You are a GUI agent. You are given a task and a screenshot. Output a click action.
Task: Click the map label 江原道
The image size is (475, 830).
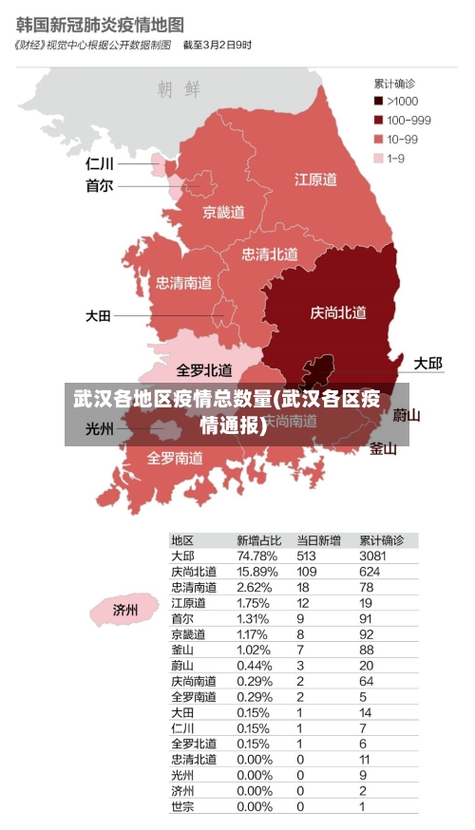[x=315, y=179]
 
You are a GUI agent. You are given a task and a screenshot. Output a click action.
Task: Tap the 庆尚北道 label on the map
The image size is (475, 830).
[x=338, y=312]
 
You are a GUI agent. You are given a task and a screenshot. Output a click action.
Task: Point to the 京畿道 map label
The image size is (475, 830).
[x=223, y=212]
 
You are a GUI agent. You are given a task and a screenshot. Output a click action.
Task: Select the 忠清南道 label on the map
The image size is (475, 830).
[x=184, y=282]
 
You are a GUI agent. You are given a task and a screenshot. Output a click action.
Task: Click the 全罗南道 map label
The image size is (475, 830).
[x=175, y=458]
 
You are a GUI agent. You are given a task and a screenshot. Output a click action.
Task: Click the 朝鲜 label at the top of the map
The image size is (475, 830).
[x=180, y=89]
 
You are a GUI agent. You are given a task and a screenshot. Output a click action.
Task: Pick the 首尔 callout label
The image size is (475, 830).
[x=99, y=186]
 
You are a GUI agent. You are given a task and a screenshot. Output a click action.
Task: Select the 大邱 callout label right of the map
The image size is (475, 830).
[x=427, y=364]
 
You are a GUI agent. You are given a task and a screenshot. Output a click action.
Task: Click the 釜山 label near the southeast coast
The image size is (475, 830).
[x=383, y=448]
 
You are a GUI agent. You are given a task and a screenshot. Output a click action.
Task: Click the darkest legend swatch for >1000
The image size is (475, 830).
[x=379, y=101]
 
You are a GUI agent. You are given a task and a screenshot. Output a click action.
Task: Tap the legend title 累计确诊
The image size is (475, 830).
[x=393, y=83]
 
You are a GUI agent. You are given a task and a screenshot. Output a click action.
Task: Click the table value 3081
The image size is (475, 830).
[x=373, y=556]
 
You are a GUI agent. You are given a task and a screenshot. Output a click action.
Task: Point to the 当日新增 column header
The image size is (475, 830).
[x=318, y=539]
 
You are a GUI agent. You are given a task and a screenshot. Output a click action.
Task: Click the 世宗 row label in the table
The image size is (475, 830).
[x=183, y=807]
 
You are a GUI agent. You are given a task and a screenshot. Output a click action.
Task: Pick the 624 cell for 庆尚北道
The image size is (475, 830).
[x=370, y=572]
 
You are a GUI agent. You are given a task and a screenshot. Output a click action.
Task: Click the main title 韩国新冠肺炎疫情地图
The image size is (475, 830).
[x=100, y=22]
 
